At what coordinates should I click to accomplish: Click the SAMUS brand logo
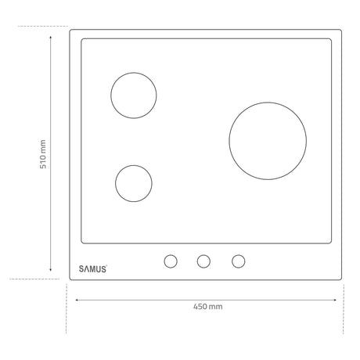click(93, 269)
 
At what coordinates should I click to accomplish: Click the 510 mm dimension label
click(43, 154)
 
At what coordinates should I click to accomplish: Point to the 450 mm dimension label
click(208, 306)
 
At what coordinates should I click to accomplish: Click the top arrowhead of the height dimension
click(51, 38)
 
